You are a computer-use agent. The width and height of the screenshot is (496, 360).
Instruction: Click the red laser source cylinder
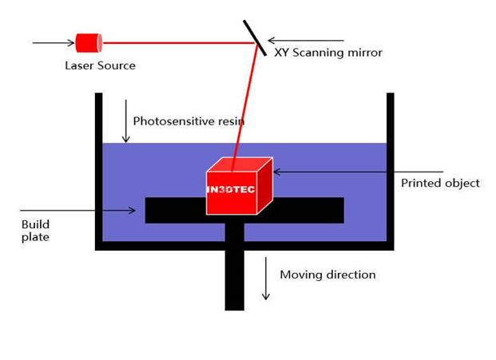pos(88,42)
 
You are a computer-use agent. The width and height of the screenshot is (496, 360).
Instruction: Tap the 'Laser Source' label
pos(100,65)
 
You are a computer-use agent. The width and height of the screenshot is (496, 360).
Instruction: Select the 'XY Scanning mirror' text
pos(327,53)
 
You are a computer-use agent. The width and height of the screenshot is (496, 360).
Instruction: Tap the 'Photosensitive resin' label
pos(188,121)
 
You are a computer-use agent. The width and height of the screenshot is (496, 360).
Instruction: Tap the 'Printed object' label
pos(440,183)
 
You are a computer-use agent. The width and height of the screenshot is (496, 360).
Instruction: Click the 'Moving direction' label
pos(327,275)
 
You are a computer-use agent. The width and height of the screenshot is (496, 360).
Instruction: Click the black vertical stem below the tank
pos(234,279)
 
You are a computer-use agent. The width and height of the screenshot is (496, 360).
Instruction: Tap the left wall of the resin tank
pos(99,168)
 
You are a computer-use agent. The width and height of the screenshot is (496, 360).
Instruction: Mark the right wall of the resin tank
pos(391,168)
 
